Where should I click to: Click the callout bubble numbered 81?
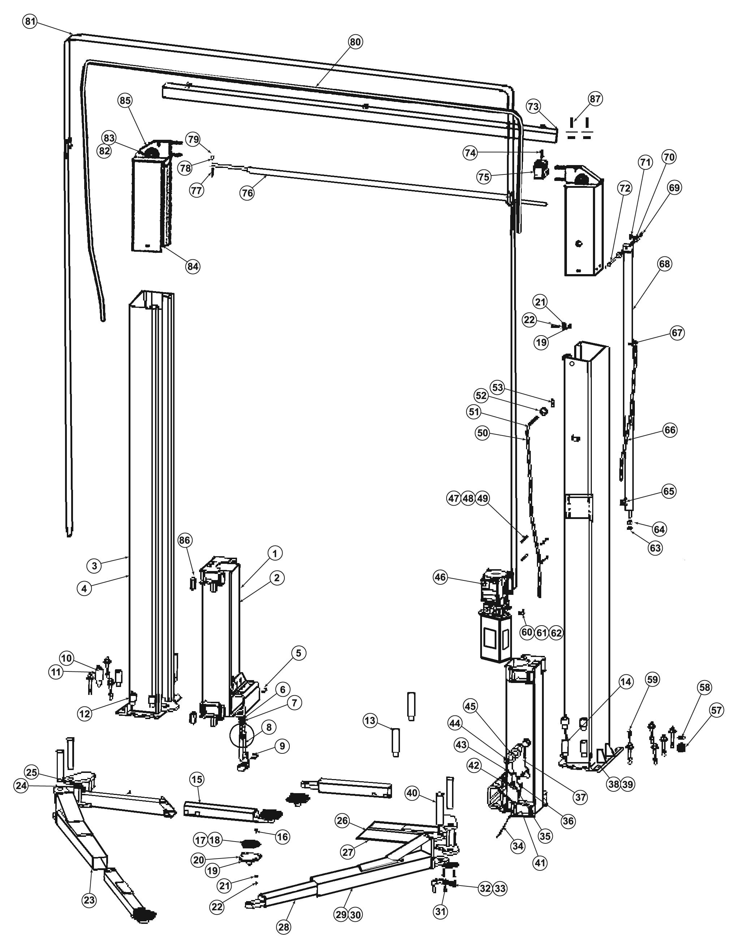coord(30,22)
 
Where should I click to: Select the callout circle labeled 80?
coord(355,42)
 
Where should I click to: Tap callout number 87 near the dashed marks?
coord(595,99)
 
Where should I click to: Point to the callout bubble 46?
coord(440,577)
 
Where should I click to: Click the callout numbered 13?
coord(370,721)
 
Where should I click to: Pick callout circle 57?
coord(716,710)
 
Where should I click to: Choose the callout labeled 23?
coord(89,900)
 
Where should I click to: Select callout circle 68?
coord(664,264)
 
